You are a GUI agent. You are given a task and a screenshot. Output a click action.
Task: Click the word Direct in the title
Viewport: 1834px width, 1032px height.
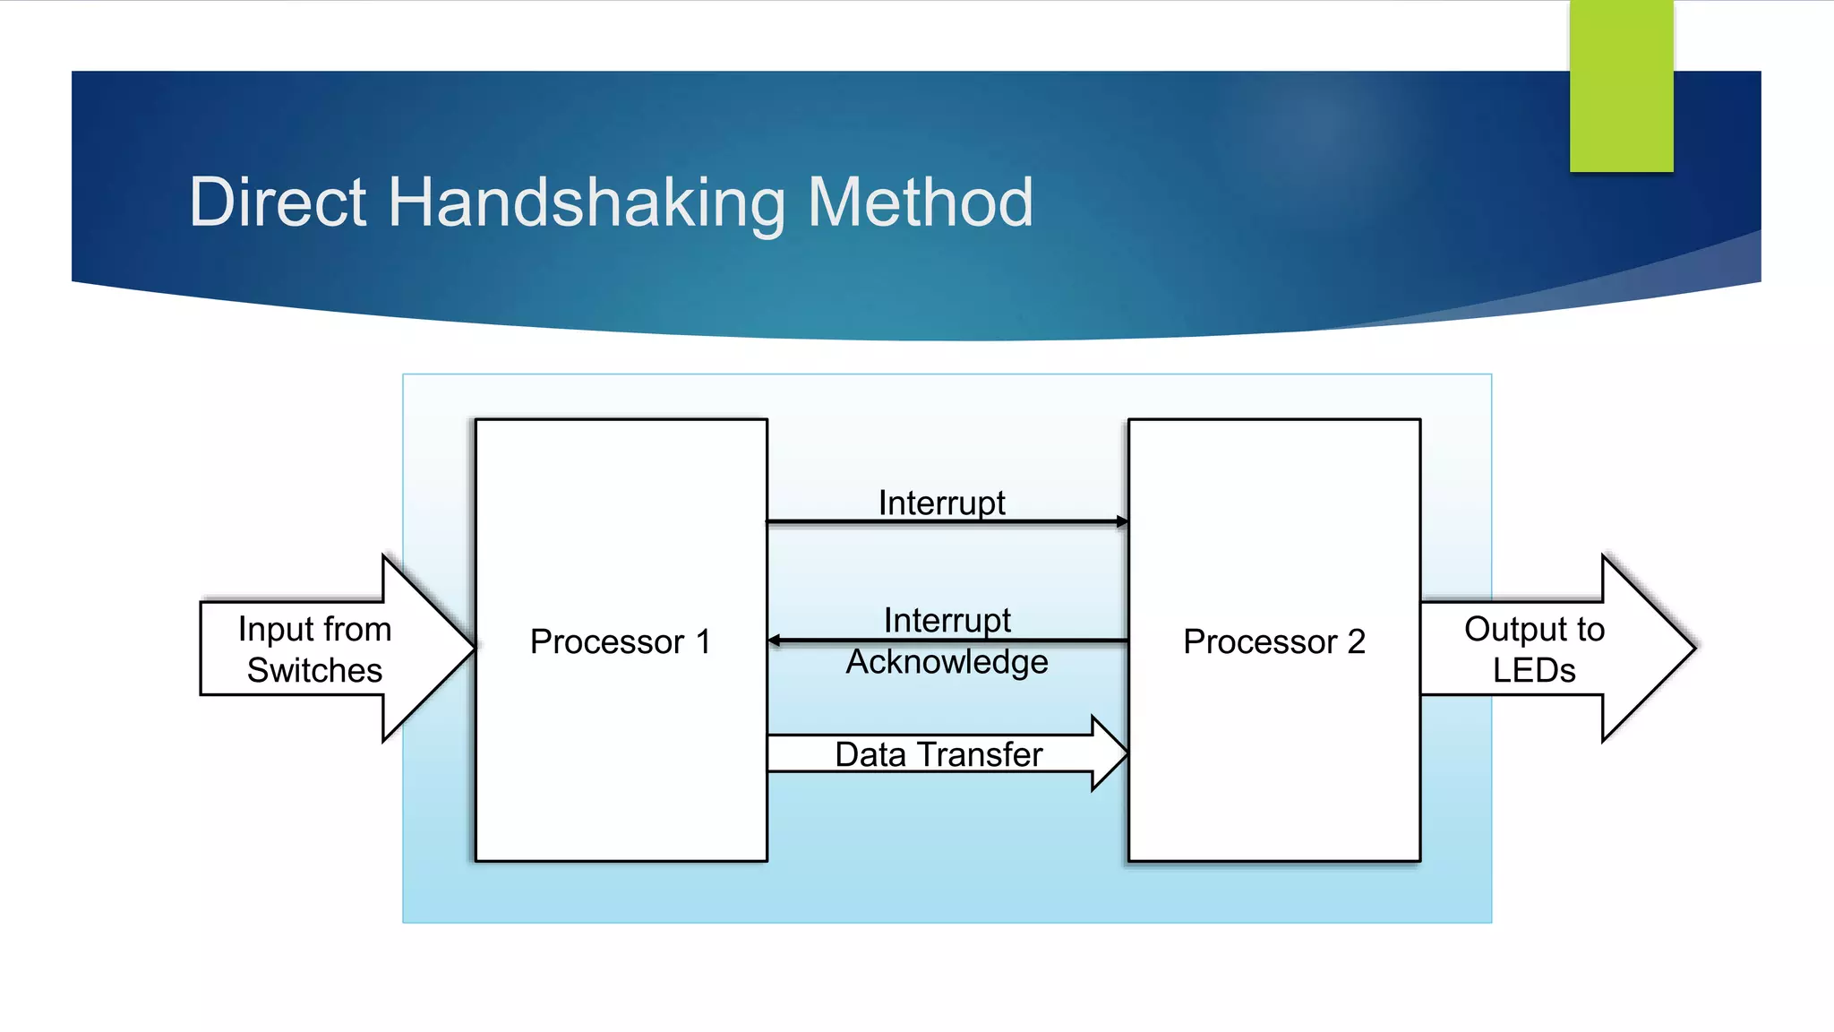pyautogui.click(x=277, y=202)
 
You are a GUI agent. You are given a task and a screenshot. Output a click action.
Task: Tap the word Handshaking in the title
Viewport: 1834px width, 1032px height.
pyautogui.click(x=587, y=204)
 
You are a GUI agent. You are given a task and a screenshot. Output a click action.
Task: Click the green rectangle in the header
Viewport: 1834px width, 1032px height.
pyautogui.click(x=1621, y=86)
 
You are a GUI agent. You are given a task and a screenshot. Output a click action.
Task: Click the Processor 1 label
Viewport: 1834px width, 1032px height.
pyautogui.click(x=620, y=641)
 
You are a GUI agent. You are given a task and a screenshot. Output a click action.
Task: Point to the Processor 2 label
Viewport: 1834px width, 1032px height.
pyautogui.click(x=1273, y=641)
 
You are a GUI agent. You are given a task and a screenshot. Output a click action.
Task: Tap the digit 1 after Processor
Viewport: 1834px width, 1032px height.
pyautogui.click(x=703, y=641)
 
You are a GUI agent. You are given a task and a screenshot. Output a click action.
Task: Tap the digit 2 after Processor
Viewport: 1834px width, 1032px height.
pyautogui.click(x=1356, y=641)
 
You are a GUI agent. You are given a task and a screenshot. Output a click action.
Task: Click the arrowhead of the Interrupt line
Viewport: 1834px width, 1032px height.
pyautogui.click(x=1122, y=521)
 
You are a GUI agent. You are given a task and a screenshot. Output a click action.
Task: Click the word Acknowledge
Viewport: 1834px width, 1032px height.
pyautogui.click(x=947, y=662)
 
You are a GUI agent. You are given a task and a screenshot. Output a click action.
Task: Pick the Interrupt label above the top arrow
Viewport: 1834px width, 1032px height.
pyautogui.click(x=941, y=503)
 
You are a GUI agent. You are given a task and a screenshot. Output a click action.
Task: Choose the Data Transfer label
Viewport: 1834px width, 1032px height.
pyautogui.click(x=938, y=754)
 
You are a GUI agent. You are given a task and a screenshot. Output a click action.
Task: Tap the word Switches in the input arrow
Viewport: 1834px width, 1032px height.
pyautogui.click(x=314, y=670)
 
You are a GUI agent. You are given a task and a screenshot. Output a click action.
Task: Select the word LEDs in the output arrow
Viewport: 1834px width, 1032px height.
pyautogui.click(x=1533, y=670)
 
